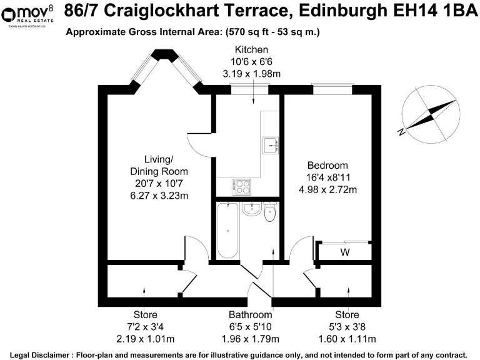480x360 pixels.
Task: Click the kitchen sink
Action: tap(271, 144)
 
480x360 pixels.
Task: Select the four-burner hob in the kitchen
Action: tap(241, 186)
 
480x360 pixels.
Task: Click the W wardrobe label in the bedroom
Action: tap(344, 252)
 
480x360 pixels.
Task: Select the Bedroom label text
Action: tap(327, 166)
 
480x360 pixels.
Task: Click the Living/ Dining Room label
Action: tap(158, 165)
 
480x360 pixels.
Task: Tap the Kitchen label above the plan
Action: tap(251, 49)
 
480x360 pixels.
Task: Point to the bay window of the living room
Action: tap(166, 70)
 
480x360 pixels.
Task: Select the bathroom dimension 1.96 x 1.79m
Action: tap(250, 339)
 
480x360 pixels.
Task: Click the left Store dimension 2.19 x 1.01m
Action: tap(145, 339)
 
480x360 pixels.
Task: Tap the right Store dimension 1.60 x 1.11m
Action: tap(347, 339)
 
